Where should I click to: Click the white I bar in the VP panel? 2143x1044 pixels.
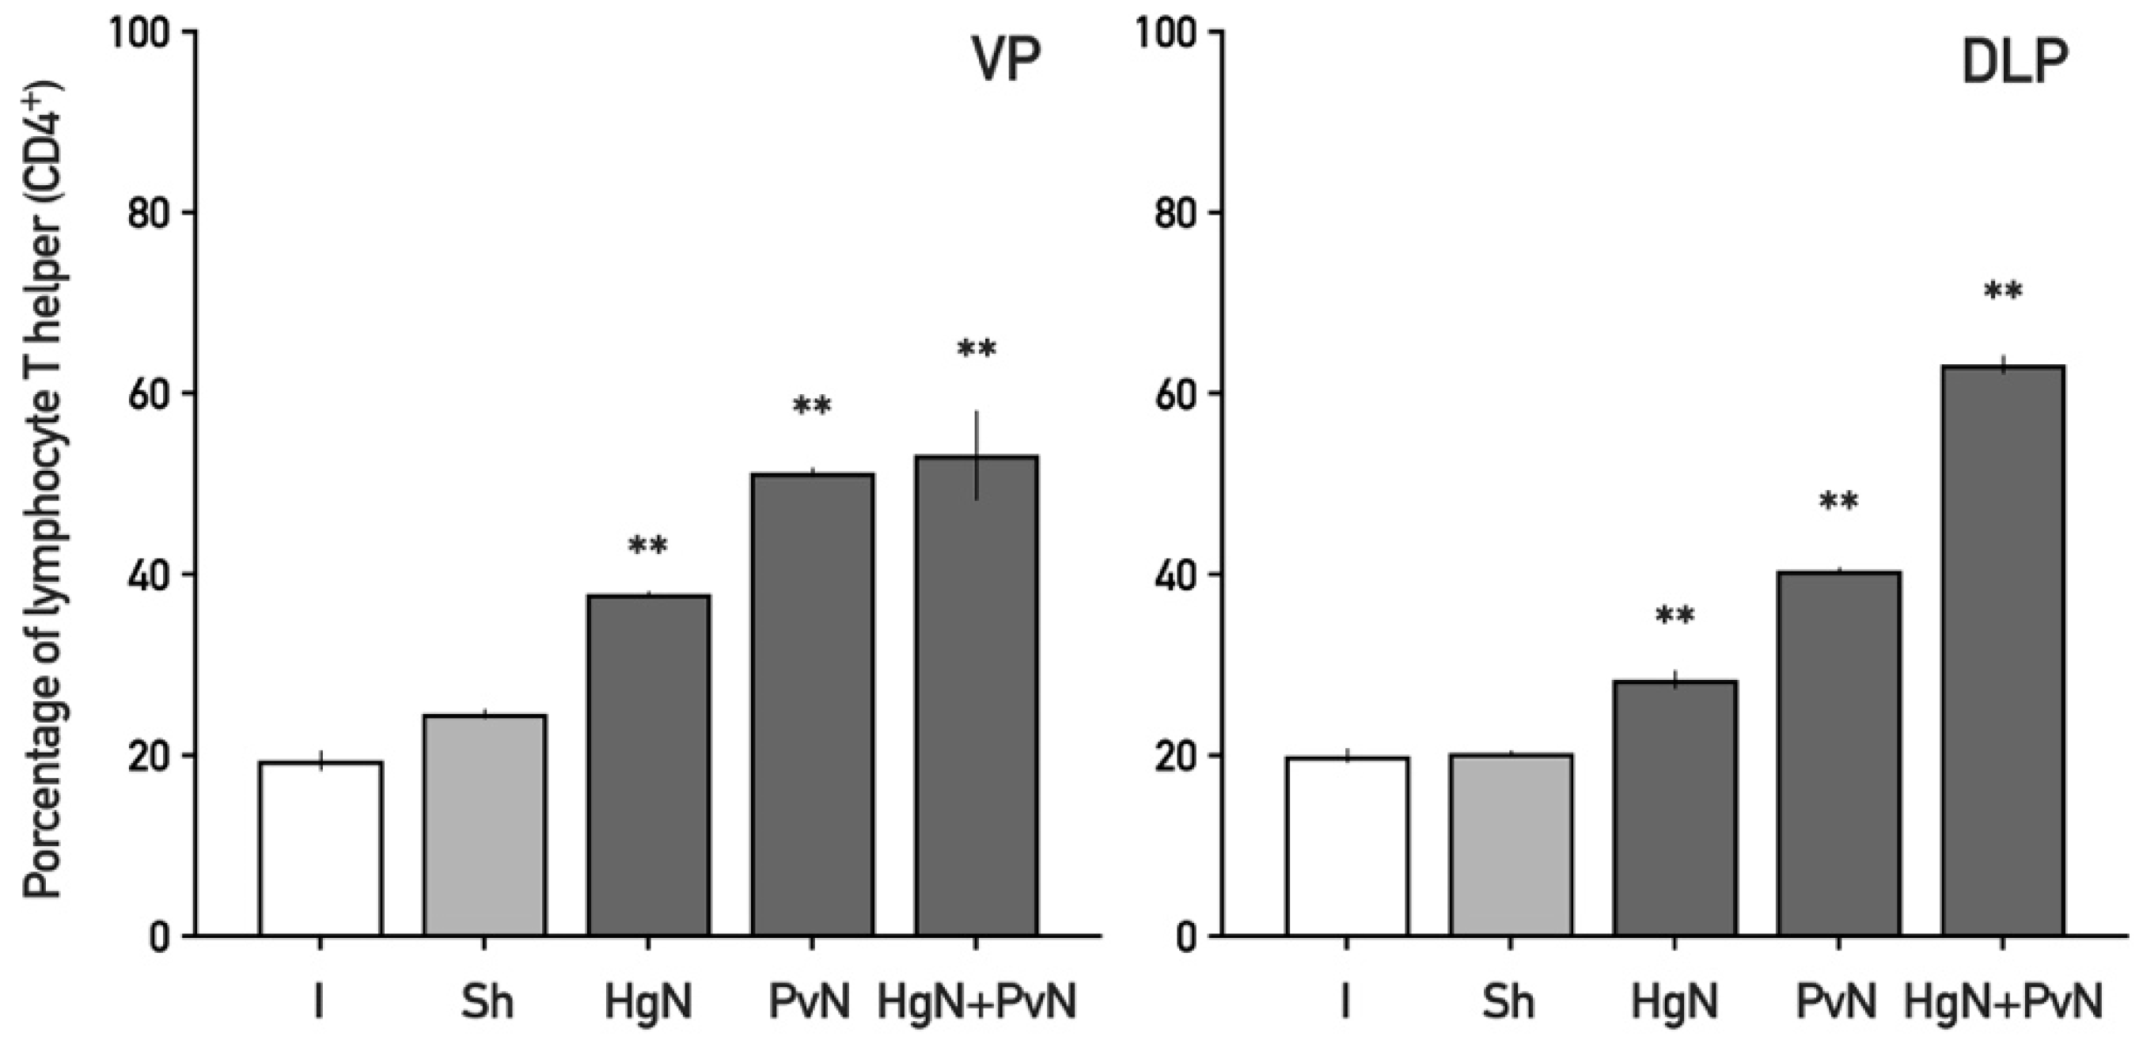321,848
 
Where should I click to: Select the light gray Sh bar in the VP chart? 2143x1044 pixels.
484,826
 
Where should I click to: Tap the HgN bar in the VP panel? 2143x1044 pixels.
648,765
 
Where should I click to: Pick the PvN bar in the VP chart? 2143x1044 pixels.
812,705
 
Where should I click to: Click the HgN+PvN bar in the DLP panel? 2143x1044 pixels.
2002,651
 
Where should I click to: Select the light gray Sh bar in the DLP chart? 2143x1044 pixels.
1511,845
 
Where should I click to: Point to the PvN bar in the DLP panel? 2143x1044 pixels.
1838,754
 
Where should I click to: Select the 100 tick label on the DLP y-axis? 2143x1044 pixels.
1167,32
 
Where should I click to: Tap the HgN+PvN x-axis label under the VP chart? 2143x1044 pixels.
977,1001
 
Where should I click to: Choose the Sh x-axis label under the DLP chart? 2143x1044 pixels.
1508,1001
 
